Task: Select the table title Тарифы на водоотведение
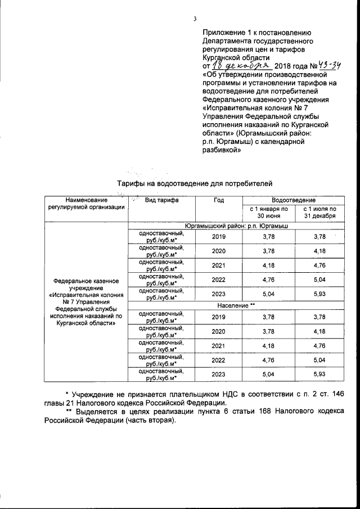pyautogui.click(x=194, y=183)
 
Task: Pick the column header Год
pyautogui.click(x=219, y=200)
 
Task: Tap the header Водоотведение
pyautogui.click(x=293, y=200)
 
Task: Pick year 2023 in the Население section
pyautogui.click(x=219, y=375)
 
